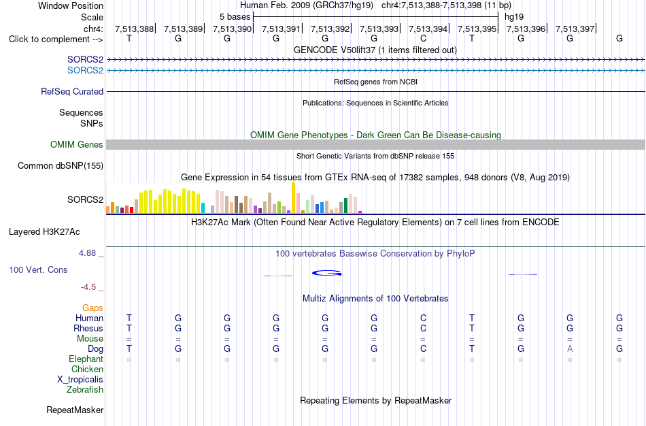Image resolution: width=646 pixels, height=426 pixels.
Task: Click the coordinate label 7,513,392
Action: (x=330, y=29)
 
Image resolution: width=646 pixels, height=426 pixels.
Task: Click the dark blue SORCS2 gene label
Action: (x=85, y=60)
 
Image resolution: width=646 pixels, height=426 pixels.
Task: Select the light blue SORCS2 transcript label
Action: (x=85, y=71)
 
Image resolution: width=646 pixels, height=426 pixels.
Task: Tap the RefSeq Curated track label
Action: (x=72, y=92)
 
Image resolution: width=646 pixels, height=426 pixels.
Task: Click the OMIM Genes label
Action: (x=77, y=145)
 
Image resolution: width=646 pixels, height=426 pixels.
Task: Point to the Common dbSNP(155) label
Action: (x=61, y=166)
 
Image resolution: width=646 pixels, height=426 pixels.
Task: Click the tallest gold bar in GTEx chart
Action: (x=293, y=197)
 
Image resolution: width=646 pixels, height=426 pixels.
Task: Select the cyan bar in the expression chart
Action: (x=203, y=208)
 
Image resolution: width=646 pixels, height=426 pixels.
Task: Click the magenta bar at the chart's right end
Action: (x=360, y=212)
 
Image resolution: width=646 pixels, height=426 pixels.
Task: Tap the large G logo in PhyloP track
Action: (x=326, y=273)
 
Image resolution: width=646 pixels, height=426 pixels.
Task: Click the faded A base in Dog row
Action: (x=570, y=349)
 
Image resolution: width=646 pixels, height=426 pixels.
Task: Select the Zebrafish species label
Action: (x=85, y=390)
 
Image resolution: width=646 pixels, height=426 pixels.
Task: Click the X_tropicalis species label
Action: (x=80, y=380)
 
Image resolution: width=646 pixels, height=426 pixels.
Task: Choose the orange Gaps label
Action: (x=92, y=308)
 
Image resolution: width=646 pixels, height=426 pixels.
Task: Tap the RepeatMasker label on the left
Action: (x=75, y=410)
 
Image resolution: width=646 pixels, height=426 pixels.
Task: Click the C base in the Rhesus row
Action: (x=423, y=329)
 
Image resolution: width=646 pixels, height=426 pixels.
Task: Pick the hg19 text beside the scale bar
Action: (x=514, y=17)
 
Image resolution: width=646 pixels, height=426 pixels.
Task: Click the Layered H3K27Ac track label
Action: (x=44, y=232)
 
